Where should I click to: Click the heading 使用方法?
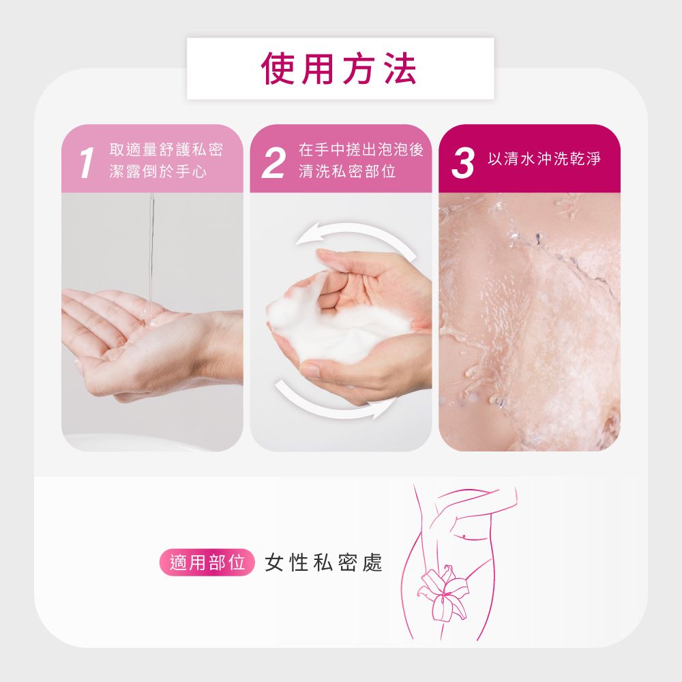pos(339,69)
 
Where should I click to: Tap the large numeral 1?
pos(87,162)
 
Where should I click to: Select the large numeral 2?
pos(273,162)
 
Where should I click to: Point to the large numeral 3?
pos(463,162)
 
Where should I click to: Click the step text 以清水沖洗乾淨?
pos(544,158)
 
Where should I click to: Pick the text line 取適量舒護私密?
pos(166,149)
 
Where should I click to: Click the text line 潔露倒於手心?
pos(158,171)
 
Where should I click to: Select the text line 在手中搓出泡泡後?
pos(361,149)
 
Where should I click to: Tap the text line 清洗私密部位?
pos(347,171)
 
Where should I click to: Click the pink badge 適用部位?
pos(207,563)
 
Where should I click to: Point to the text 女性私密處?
pos(323,563)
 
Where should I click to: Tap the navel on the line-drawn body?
pos(464,535)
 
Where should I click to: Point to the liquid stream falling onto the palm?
pos(151,252)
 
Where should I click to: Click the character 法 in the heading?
pos(400,69)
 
